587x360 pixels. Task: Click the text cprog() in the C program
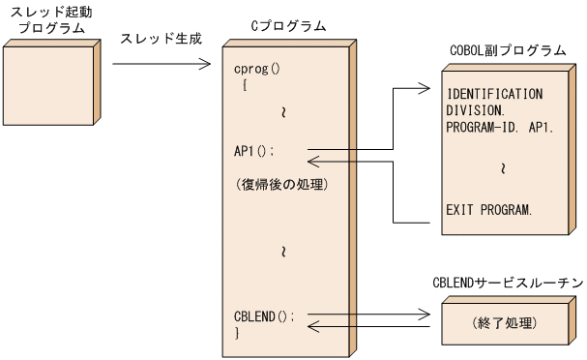click(x=258, y=69)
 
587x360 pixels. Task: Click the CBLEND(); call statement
click(x=264, y=315)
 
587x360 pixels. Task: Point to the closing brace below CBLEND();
click(x=237, y=332)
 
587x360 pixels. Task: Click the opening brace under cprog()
click(x=246, y=85)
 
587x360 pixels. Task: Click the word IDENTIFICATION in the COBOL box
click(x=495, y=94)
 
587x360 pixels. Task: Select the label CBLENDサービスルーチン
click(x=507, y=282)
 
